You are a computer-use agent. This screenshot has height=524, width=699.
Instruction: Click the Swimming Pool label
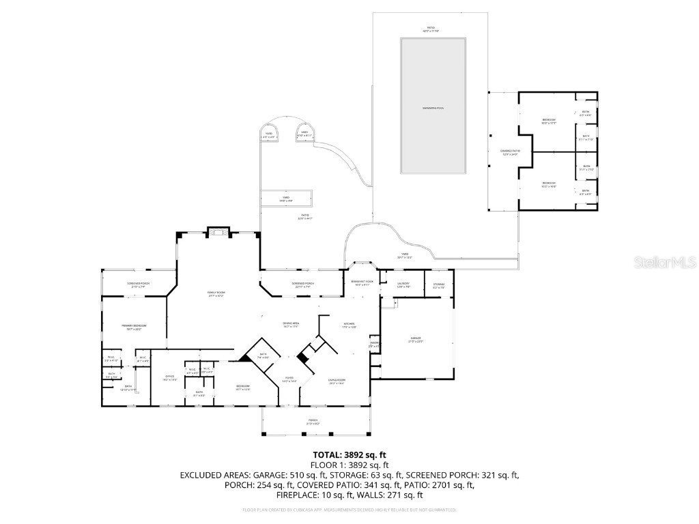pyautogui.click(x=433, y=109)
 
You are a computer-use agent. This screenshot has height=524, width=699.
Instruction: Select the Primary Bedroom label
pyautogui.click(x=134, y=327)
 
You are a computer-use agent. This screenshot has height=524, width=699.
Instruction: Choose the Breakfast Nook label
pyautogui.click(x=362, y=282)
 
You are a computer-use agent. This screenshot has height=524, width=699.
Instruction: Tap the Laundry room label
pyautogui.click(x=403, y=285)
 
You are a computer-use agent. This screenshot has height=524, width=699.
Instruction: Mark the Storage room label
pyautogui.click(x=439, y=285)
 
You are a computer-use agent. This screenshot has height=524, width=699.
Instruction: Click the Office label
pyautogui.click(x=171, y=378)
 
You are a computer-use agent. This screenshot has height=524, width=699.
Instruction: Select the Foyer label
pyautogui.click(x=289, y=379)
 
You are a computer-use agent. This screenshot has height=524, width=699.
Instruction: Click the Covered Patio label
pyautogui.click(x=510, y=152)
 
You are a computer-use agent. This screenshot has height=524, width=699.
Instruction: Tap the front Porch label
pyautogui.click(x=313, y=422)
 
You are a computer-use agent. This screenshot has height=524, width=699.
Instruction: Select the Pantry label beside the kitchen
pyautogui.click(x=373, y=345)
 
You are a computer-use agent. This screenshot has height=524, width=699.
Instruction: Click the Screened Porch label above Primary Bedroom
pyautogui.click(x=138, y=285)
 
